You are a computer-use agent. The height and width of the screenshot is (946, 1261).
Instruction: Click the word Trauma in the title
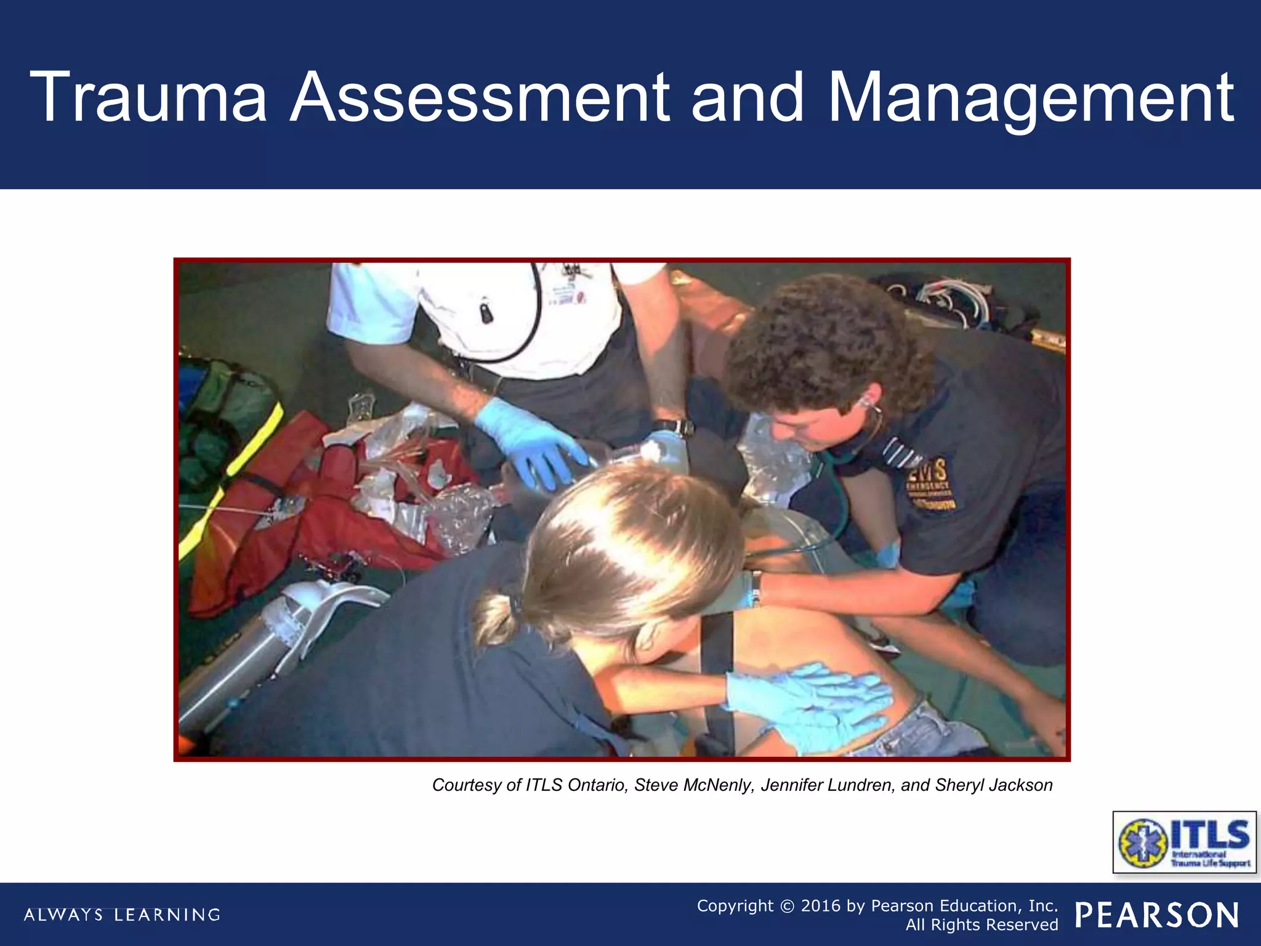pos(148,97)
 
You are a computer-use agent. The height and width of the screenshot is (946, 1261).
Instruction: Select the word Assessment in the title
pos(480,97)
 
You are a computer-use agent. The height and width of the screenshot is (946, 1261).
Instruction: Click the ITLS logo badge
pos(1184,842)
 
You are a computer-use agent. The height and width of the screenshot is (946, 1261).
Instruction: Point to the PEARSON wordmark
pos(1157,915)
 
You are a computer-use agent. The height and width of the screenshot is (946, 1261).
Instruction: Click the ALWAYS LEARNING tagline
pos(122,915)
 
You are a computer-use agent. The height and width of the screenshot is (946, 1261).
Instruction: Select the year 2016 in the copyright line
pos(821,905)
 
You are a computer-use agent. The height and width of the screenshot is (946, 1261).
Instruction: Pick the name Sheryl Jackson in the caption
pos(994,785)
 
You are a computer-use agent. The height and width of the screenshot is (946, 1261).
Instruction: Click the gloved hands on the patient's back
pos(812,702)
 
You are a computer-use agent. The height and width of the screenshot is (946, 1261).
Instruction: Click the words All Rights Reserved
pos(981,925)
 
